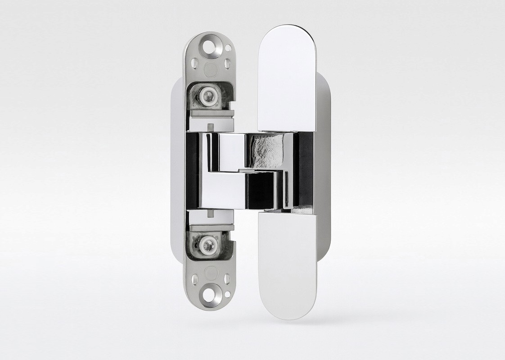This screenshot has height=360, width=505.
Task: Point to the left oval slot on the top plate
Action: pyautogui.click(x=194, y=63)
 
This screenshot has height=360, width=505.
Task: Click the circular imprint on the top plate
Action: pyautogui.click(x=210, y=69)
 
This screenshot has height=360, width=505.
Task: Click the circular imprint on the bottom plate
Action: pyautogui.click(x=210, y=273)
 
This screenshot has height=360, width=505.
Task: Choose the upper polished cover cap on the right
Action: pyautogui.click(x=287, y=76)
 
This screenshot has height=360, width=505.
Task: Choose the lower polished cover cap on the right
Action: pyautogui.click(x=287, y=265)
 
